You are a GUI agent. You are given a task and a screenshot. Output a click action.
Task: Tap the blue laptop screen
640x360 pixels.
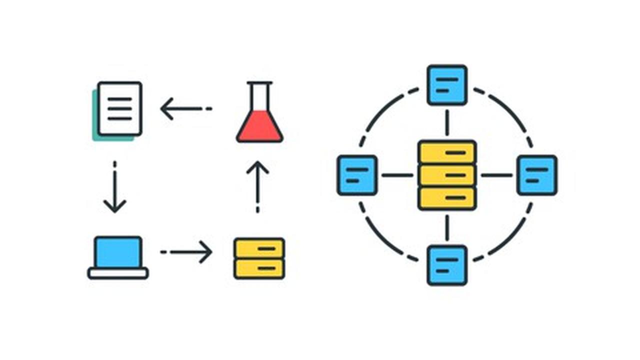[118, 253]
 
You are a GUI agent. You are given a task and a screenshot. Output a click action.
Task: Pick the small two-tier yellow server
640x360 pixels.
[259, 258]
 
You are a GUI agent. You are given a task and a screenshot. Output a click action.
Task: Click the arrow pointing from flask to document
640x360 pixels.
[185, 108]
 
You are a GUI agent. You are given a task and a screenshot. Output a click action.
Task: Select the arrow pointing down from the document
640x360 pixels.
[114, 187]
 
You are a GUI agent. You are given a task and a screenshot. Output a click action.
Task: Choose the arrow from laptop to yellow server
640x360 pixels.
[186, 251]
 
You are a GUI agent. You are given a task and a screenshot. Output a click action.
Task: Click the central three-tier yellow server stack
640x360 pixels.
[447, 175]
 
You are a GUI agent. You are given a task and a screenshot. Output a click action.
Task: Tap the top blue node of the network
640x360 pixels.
[447, 85]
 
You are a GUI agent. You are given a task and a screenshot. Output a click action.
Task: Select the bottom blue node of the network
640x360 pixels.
[447, 265]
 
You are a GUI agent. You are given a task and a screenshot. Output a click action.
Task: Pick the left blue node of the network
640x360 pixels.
[357, 175]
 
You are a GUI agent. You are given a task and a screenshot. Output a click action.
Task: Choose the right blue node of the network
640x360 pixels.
[537, 175]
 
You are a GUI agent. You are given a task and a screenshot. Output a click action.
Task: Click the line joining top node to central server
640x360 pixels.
[447, 122]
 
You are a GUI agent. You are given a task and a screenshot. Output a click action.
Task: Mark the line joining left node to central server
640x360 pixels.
[397, 175]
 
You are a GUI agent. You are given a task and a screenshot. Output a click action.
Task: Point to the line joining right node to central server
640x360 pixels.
[496, 175]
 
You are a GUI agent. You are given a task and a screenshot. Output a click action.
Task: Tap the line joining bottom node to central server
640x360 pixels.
[447, 227]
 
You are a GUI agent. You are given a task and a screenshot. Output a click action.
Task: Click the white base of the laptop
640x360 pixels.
[118, 273]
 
